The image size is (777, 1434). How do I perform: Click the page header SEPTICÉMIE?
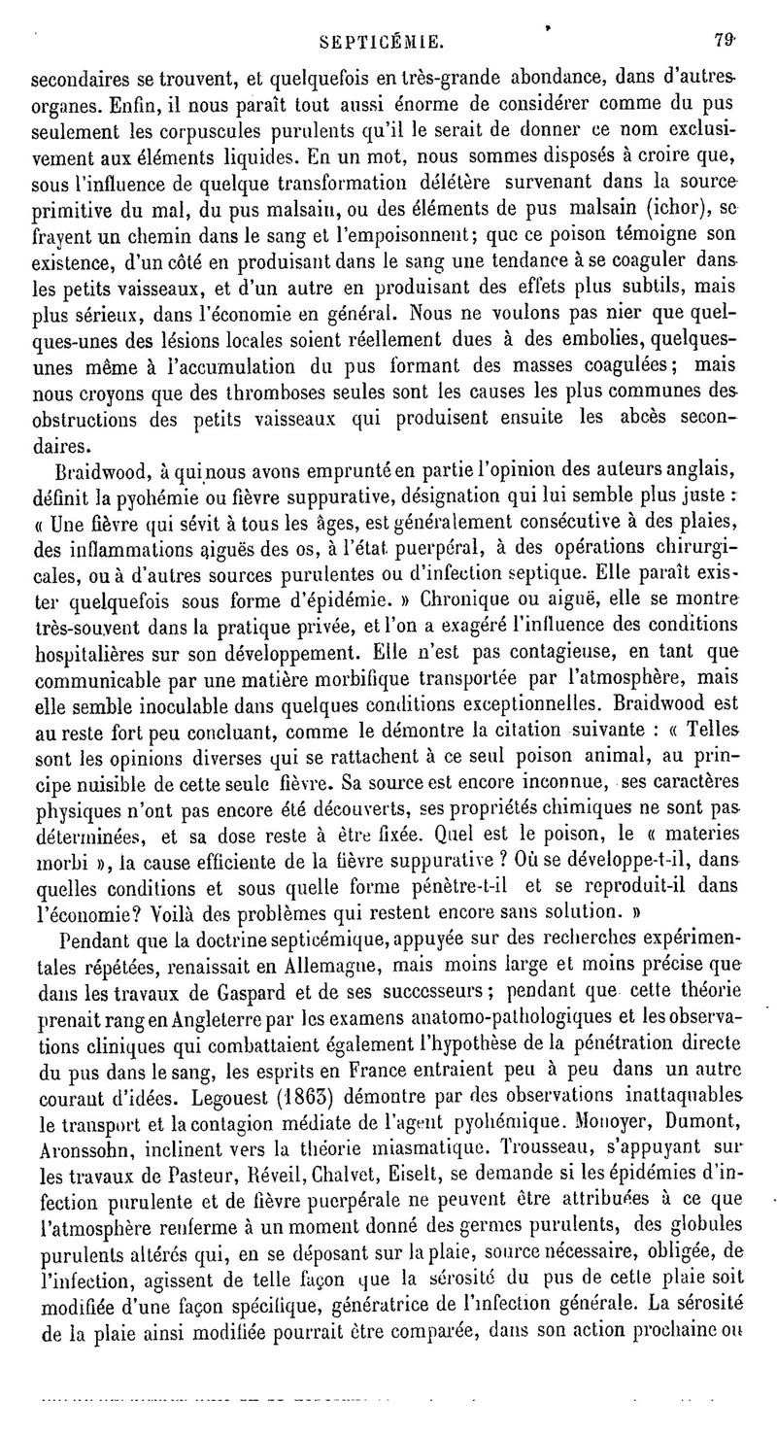coord(388,41)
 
